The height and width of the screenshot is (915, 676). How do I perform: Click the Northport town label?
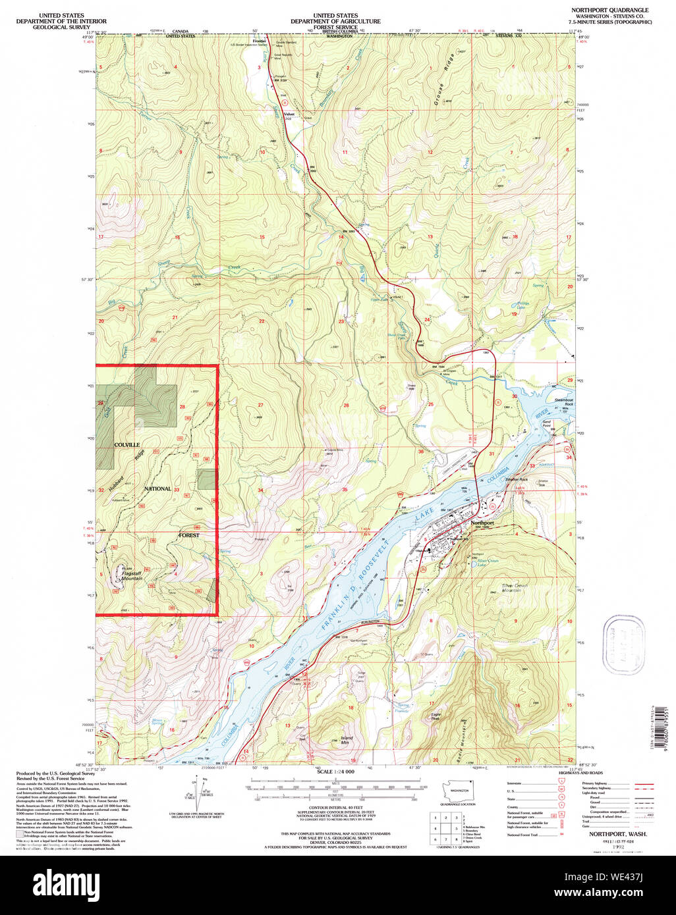pyautogui.click(x=482, y=523)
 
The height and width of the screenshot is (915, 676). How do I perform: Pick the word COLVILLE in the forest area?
pyautogui.click(x=127, y=445)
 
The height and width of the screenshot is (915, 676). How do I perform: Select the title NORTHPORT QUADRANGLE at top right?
pyautogui.click(x=609, y=11)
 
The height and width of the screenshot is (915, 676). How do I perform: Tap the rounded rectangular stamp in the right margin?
pyautogui.click(x=623, y=638)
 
